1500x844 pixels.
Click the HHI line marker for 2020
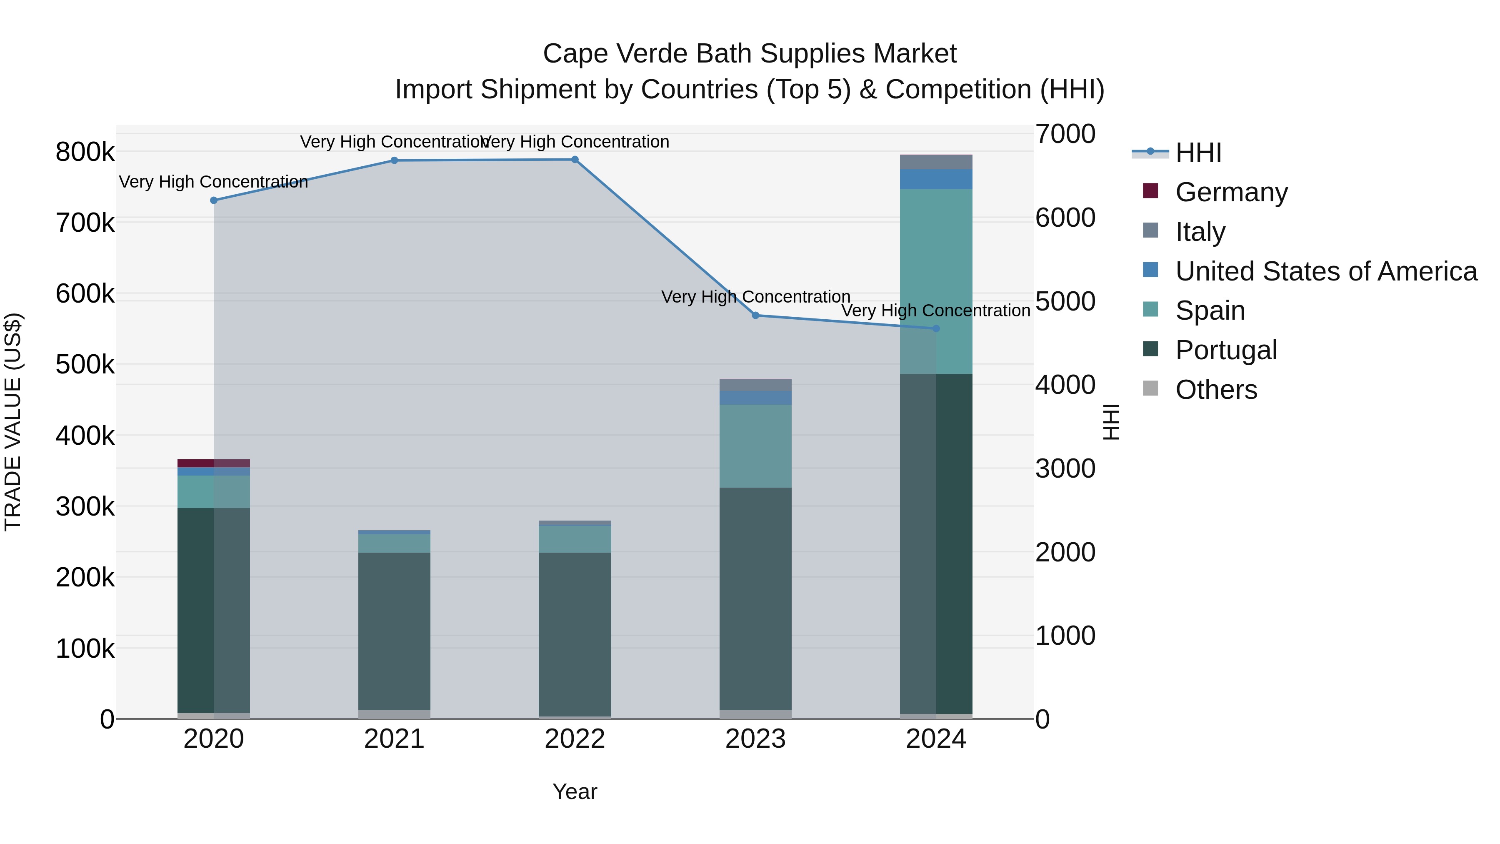(214, 200)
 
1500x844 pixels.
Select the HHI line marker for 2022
(575, 160)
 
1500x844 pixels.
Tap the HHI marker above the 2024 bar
(936, 328)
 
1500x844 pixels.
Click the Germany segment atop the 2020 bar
(214, 463)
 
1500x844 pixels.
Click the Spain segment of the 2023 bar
(755, 446)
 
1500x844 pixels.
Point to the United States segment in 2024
(936, 179)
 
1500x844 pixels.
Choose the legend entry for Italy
(1200, 232)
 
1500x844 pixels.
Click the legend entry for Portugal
(1226, 350)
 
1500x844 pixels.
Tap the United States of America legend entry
(1326, 271)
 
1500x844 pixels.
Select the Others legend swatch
(1150, 388)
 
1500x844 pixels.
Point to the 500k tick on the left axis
(85, 365)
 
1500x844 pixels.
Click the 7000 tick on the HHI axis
(1065, 134)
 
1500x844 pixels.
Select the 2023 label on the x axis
(755, 739)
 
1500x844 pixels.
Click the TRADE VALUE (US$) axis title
(13, 422)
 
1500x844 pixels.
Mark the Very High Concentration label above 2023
(755, 297)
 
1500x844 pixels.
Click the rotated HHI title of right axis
(1111, 422)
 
